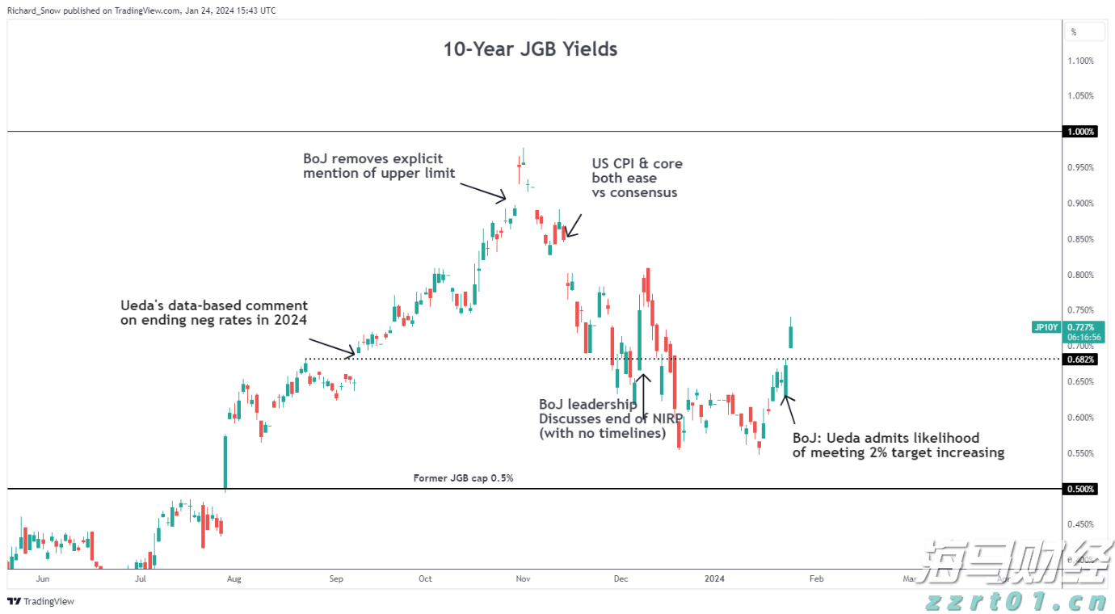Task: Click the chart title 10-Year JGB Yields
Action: (530, 49)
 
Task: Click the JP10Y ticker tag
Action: (1046, 327)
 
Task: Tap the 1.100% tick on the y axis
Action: (1080, 61)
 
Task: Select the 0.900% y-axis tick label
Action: (1080, 204)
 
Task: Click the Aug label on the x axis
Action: (234, 578)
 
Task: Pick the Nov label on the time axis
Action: (522, 578)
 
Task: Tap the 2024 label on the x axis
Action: (713, 578)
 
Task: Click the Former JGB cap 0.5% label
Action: (463, 478)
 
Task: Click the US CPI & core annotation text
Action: (637, 178)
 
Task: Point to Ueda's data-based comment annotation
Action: (214, 313)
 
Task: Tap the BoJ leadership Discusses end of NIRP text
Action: (611, 418)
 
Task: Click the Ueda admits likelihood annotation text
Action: (898, 445)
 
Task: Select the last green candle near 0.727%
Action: (791, 337)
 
